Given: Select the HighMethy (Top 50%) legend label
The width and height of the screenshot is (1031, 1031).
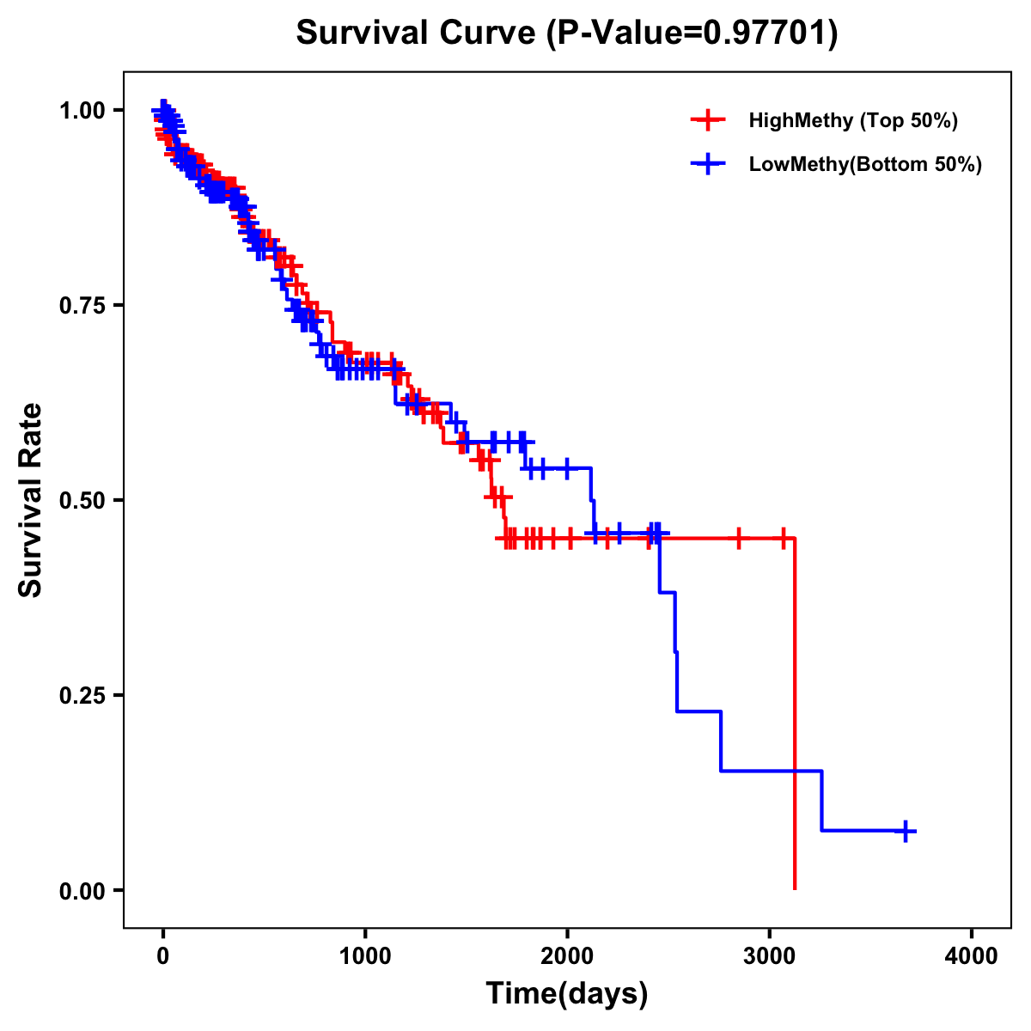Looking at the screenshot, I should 852,120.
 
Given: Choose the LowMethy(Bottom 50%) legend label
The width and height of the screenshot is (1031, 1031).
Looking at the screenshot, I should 865,165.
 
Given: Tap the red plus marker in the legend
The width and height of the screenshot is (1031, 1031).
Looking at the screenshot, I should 708,120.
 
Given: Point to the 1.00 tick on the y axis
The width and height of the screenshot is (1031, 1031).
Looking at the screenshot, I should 82,110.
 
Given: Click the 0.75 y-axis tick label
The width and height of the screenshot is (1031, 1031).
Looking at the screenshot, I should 82,305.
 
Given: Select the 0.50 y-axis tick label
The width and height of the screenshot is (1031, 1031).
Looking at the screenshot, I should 82,500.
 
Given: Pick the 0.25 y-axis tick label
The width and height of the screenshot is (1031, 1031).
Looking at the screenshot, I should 82,695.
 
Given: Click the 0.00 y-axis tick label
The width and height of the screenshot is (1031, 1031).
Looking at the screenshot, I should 82,890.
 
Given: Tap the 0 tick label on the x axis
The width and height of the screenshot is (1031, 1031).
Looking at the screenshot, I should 162,956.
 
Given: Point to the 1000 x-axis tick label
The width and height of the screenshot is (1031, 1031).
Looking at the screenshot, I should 365,956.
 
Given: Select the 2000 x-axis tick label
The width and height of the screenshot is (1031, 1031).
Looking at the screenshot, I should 567,956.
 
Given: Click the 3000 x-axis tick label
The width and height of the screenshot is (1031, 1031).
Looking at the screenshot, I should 770,956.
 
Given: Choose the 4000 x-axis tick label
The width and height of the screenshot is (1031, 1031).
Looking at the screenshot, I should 972,956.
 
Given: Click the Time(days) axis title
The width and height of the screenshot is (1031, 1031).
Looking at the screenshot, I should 567,994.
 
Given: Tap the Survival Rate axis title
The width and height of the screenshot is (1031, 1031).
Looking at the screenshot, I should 31,499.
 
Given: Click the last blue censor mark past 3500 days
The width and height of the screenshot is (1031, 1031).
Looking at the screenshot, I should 906,831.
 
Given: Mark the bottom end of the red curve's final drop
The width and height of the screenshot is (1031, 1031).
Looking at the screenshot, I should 795,888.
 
